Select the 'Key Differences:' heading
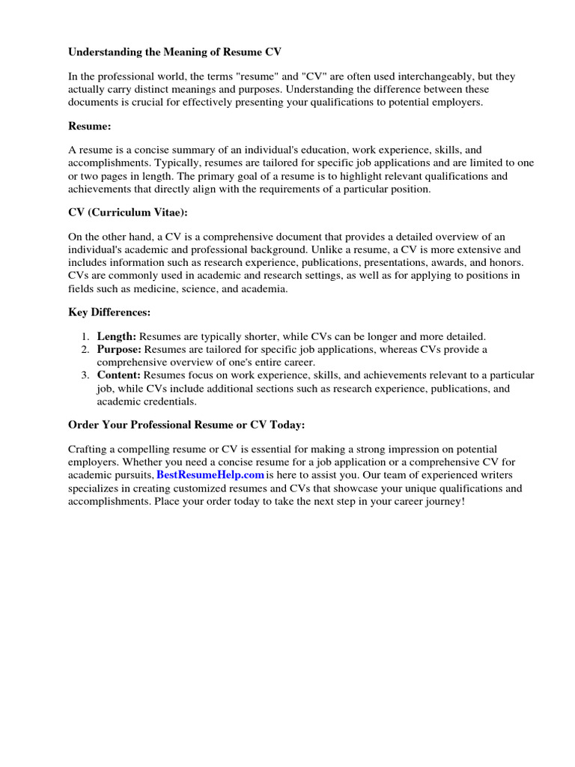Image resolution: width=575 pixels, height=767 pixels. point(109,312)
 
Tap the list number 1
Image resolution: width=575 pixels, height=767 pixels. point(86,336)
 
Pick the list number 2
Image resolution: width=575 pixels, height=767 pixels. point(86,349)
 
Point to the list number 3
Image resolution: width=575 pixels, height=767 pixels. point(86,375)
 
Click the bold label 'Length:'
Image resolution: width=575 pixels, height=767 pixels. point(117,336)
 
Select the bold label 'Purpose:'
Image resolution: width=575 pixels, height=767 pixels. point(119,349)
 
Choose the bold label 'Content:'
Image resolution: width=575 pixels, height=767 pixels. point(119,375)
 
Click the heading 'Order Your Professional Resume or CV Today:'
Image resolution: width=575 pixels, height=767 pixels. point(186,425)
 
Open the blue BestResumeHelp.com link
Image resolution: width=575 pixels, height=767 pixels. point(210,475)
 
